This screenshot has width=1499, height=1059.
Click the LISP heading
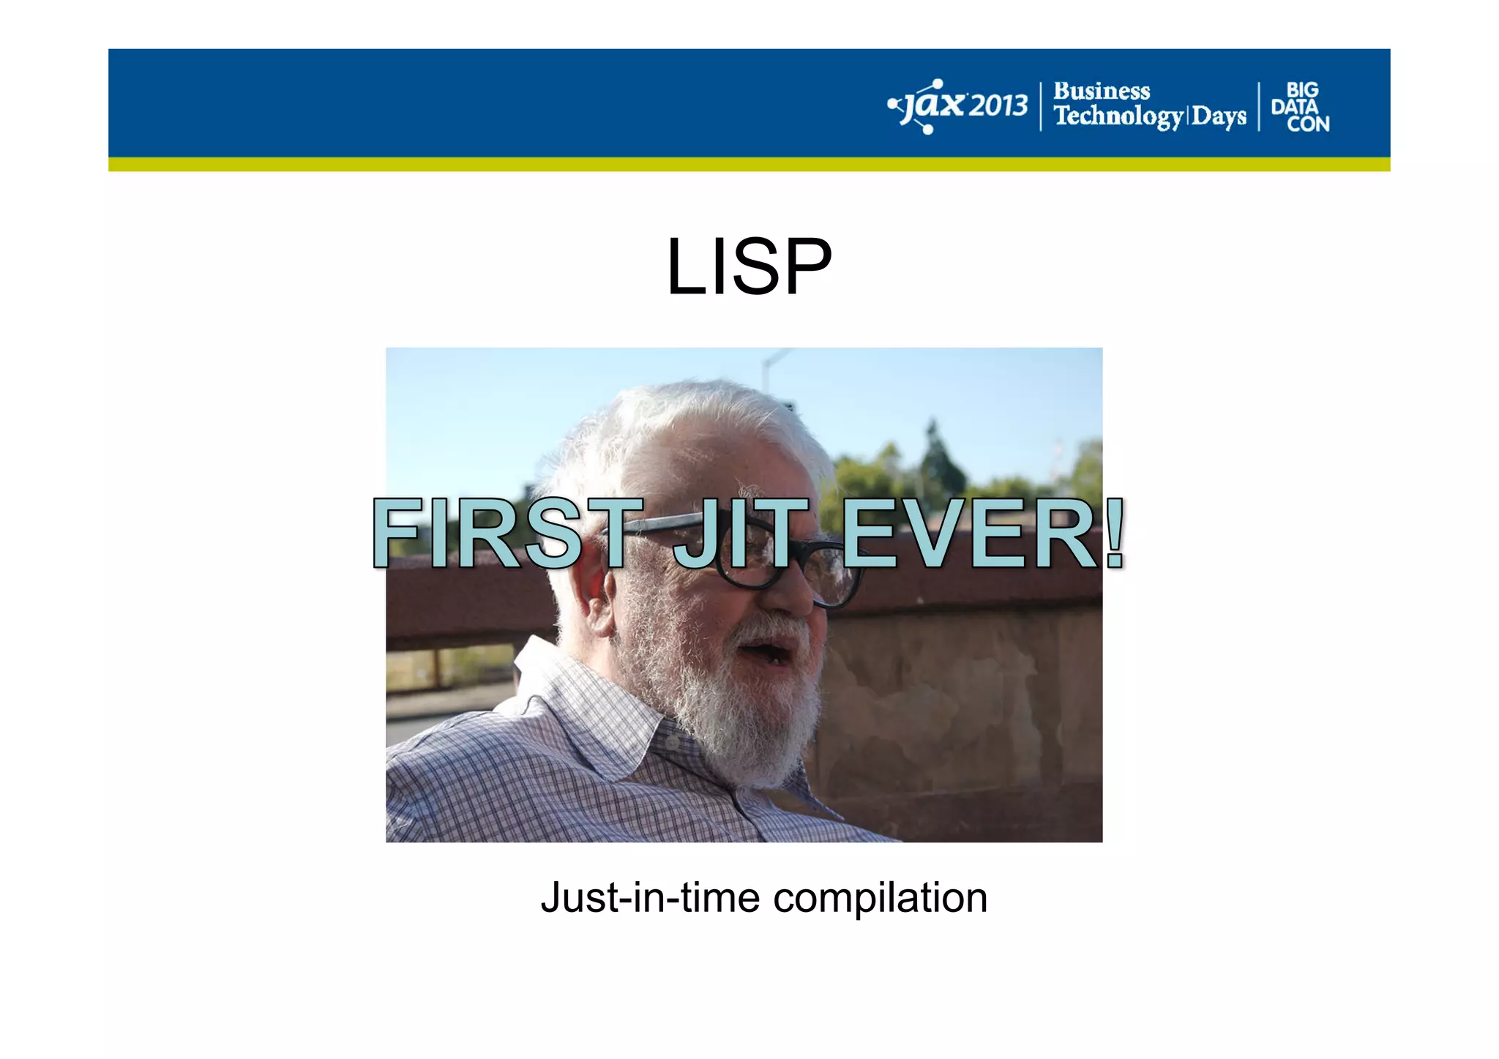pyautogui.click(x=749, y=267)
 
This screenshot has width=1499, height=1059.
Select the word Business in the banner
pyautogui.click(x=1102, y=91)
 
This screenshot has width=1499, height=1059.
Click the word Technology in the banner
pyautogui.click(x=1118, y=116)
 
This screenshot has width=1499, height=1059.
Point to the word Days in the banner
pyautogui.click(x=1219, y=116)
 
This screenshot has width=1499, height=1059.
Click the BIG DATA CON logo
pyautogui.click(x=1301, y=107)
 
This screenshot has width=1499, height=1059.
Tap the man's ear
pyautogui.click(x=594, y=600)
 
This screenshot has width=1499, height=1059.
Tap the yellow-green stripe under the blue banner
pyautogui.click(x=749, y=164)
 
